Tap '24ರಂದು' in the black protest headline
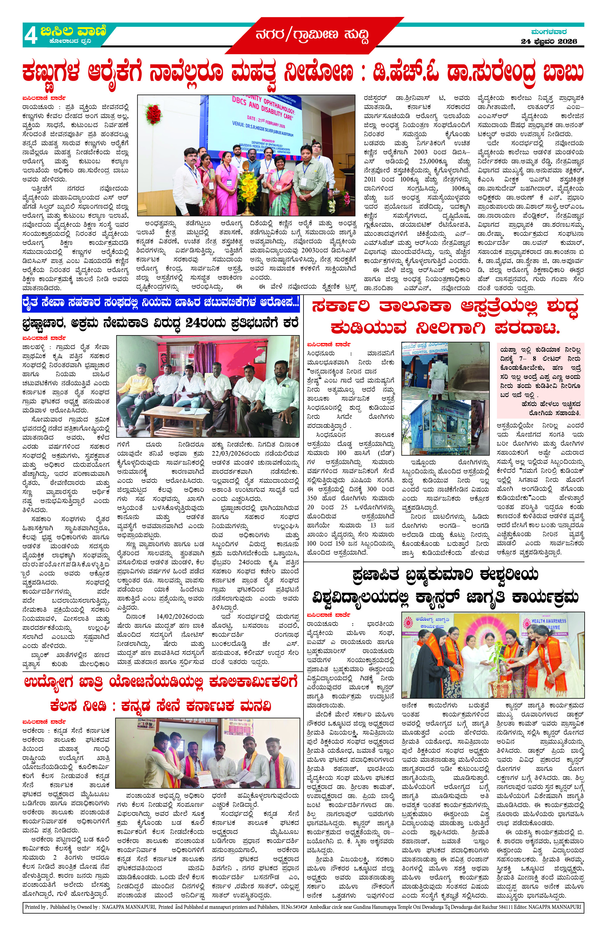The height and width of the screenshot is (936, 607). (206, 323)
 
